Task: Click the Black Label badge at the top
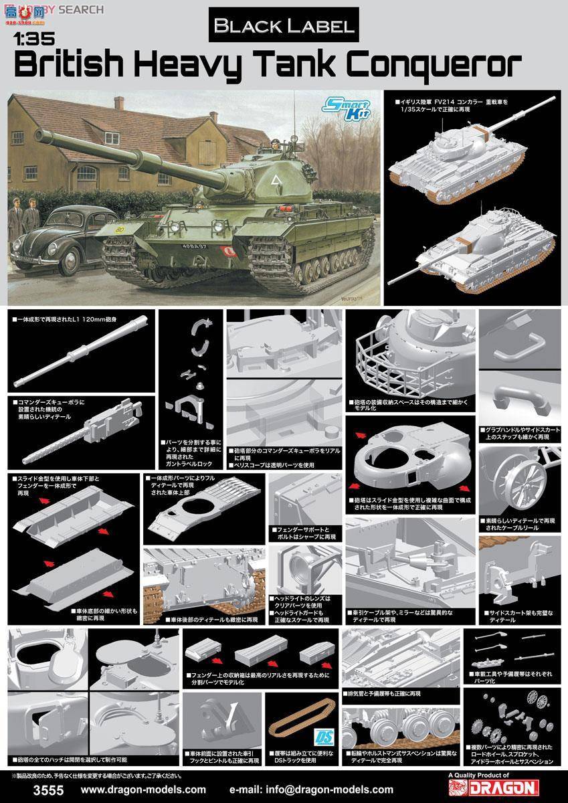pos(284,26)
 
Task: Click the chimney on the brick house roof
pos(119,102)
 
